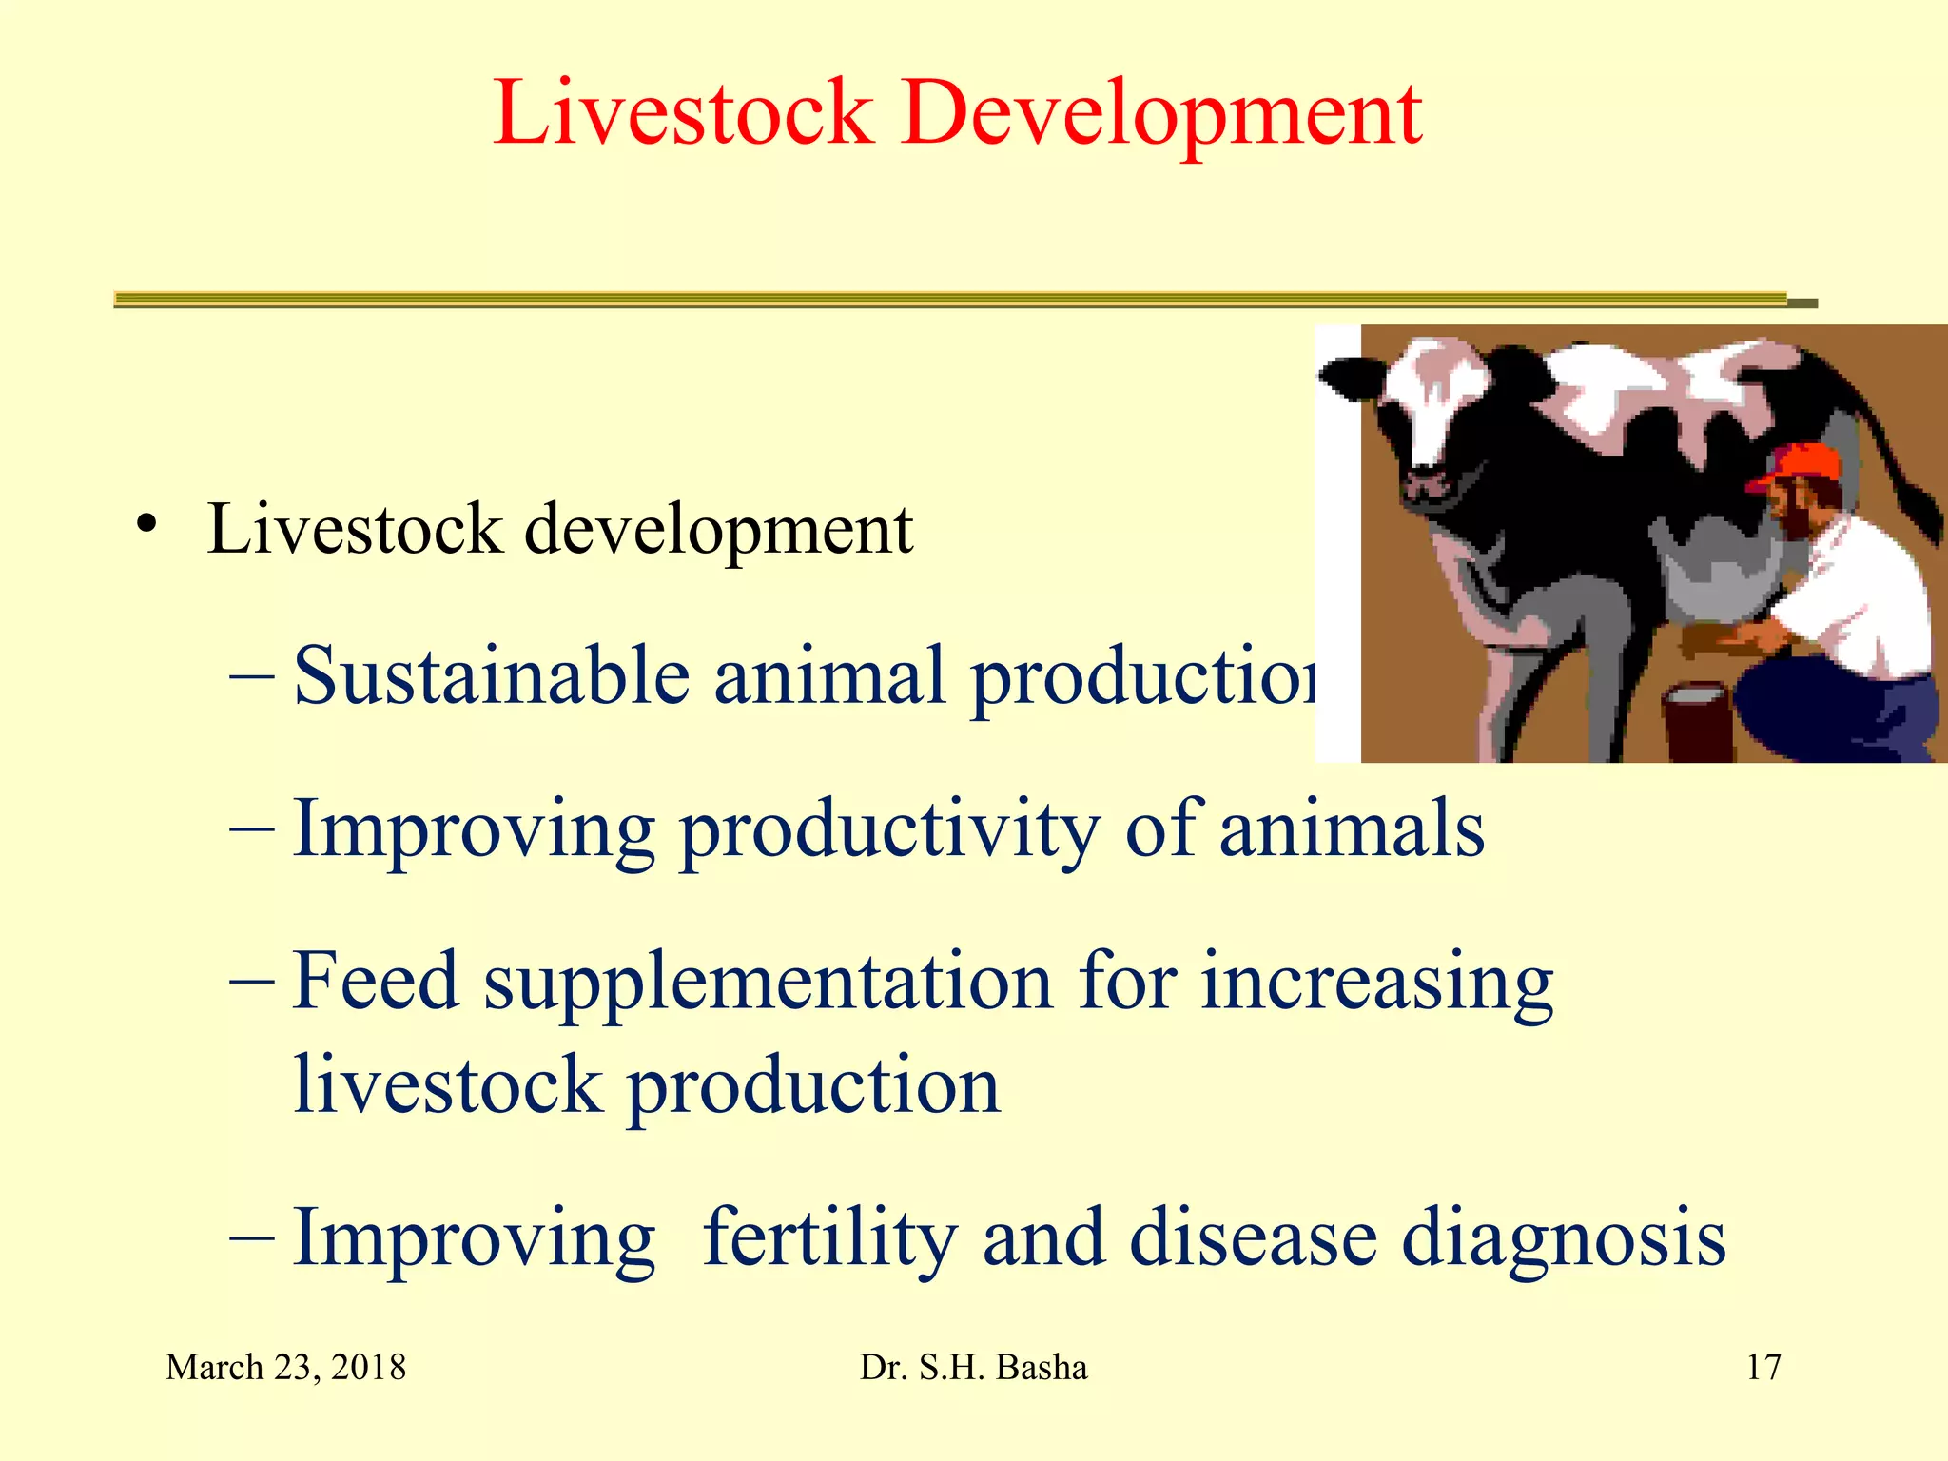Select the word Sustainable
[491, 676]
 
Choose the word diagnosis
[1564, 1239]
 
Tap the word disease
[1253, 1239]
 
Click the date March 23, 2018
[285, 1368]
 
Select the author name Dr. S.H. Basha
[973, 1368]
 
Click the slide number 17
[1763, 1368]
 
